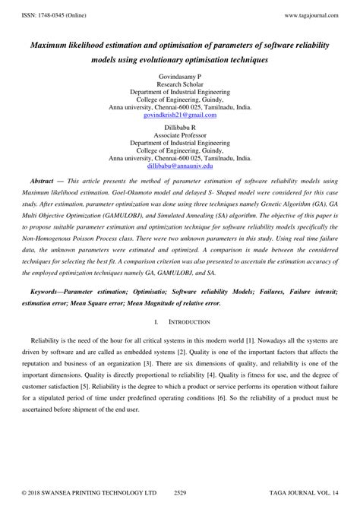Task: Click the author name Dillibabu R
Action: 180,127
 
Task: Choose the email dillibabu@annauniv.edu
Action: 180,165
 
